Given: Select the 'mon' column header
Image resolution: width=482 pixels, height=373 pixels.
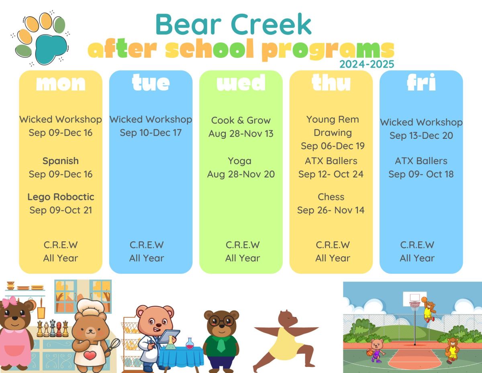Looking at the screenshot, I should pos(61,83).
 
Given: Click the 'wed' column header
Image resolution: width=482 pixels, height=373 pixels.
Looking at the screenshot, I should pos(241,83).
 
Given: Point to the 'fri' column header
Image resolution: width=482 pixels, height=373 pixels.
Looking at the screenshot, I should pos(421,83).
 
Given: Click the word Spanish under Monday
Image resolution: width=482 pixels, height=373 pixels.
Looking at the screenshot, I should pos(61,161).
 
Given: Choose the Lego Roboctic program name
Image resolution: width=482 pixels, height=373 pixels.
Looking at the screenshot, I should pos(61,197).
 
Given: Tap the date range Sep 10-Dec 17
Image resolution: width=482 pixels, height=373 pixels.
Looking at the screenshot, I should pos(151,133).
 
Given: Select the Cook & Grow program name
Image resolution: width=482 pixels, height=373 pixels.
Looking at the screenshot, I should pos(241,120).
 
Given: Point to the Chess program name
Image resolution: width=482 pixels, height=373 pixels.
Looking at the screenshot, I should pos(331,197).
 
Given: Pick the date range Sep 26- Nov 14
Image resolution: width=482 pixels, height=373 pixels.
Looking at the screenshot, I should pos(331,210).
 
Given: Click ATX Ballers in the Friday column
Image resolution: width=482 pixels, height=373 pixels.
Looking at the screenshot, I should pos(421,161).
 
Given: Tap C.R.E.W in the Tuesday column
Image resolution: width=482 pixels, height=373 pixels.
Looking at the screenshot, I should pos(147,245).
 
